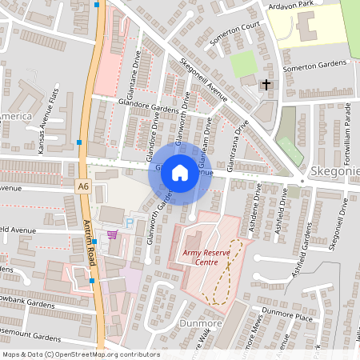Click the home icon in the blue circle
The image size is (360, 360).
point(180,171)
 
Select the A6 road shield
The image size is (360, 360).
point(83,186)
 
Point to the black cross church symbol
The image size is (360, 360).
point(266,83)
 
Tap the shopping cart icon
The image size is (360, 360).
point(112,234)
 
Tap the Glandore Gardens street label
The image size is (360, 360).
point(147,106)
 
